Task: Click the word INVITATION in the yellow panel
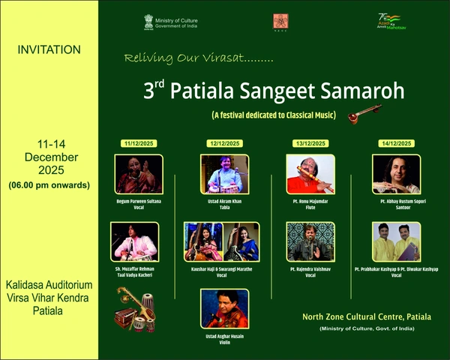49,50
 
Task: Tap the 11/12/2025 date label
139,143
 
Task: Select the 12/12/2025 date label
223,143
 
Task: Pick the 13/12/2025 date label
310,143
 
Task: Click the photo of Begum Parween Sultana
139,174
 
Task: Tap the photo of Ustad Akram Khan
224,174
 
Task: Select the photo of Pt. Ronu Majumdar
310,174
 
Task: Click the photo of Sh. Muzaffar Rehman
135,241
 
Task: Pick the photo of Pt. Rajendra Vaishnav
310,241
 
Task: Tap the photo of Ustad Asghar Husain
224,308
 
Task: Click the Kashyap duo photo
396,241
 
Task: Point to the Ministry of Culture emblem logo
148,21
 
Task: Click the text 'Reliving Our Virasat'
199,57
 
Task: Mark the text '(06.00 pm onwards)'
49,184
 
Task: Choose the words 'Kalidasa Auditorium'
49,286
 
